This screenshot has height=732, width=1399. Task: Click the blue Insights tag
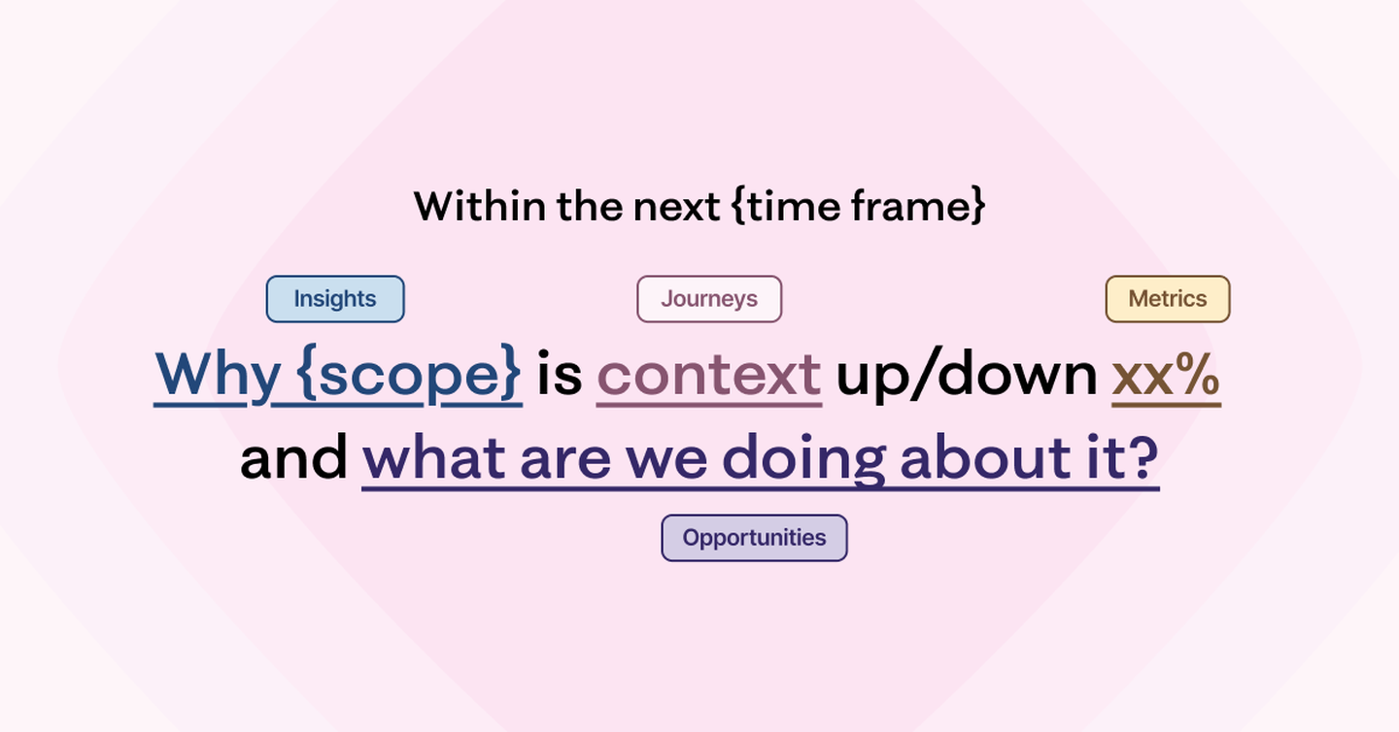point(335,299)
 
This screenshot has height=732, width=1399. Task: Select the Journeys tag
point(709,299)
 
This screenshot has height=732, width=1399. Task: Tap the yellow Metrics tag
point(1168,299)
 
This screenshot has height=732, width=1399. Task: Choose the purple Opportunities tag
point(755,538)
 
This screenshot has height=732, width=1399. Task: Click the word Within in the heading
point(480,206)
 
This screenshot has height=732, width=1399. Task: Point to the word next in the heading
point(677,207)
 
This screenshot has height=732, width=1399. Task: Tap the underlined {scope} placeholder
point(408,373)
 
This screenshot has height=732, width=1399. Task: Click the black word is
point(560,373)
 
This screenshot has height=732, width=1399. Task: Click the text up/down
point(967,373)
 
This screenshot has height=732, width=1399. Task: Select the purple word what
point(434,458)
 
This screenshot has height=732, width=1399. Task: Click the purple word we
point(666,463)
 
